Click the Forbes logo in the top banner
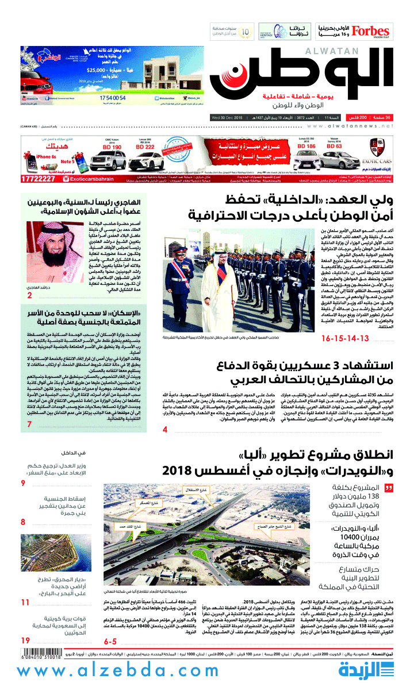(370, 30)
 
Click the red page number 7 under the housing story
(29, 425)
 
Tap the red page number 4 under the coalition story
(165, 429)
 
